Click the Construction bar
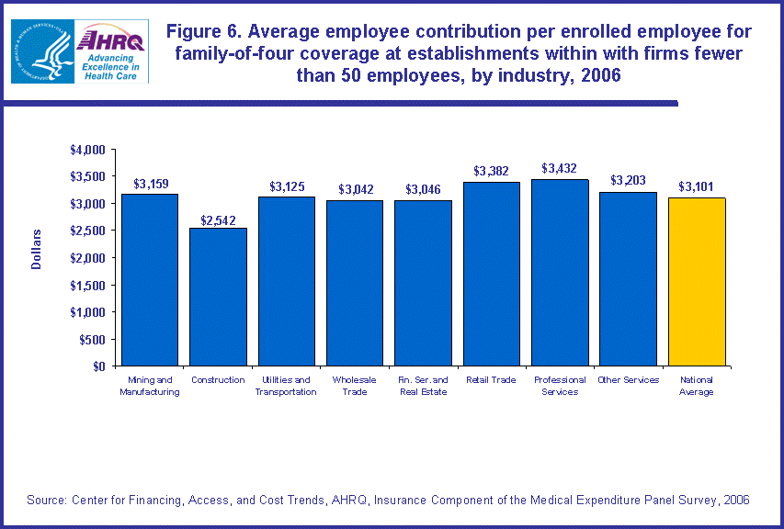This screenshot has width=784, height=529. pos(218,297)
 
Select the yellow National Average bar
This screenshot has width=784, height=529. pos(697,282)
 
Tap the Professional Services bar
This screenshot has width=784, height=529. pos(560,273)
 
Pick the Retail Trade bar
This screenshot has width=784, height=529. pos(492,274)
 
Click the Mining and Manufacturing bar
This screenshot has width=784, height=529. pos(150,280)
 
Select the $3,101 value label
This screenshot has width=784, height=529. pos(697,186)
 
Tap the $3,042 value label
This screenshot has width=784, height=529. pos(355,189)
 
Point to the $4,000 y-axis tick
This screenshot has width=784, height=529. pos(88,149)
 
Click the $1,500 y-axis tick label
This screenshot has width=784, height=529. pos(88,285)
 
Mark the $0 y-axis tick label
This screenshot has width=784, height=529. pos(99,366)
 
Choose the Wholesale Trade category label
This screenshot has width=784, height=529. pos(355,386)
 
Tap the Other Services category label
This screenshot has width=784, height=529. pos(628,380)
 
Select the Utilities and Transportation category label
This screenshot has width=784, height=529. pos(286,386)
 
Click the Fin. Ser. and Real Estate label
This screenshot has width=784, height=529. pos(423,386)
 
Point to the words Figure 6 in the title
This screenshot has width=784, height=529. pos(204,32)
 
